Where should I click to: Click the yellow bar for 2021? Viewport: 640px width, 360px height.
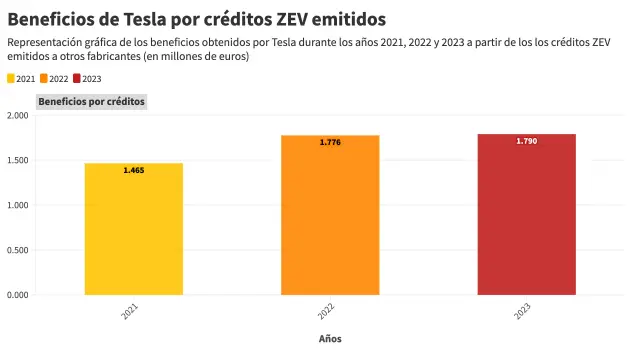click(134, 229)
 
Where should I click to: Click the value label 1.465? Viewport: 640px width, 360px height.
click(134, 171)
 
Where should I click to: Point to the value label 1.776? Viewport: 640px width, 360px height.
click(330, 143)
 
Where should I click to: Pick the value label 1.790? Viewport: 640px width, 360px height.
click(526, 142)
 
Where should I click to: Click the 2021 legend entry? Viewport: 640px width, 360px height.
click(21, 78)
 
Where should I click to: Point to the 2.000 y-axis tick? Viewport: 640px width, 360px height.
click(17, 115)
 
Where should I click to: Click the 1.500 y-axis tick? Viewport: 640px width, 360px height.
click(17, 160)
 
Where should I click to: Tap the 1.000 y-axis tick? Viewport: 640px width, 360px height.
click(17, 205)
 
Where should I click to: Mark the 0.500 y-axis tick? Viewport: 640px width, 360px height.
click(17, 250)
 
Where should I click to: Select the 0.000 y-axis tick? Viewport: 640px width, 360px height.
click(17, 295)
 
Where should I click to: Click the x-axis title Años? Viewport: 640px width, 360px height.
click(330, 339)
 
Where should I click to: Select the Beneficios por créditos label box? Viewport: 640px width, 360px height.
click(91, 102)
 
